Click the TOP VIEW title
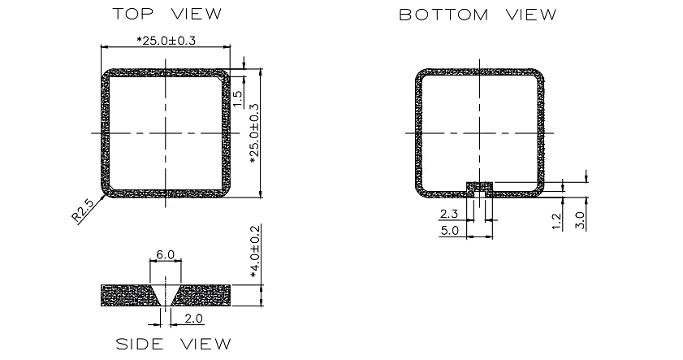[167, 14]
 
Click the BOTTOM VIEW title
[478, 15]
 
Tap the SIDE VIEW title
[173, 344]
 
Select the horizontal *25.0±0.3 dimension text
[166, 41]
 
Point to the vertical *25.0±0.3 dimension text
[254, 134]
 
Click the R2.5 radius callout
[82, 210]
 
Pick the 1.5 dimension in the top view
[237, 99]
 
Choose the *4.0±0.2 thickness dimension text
[255, 251]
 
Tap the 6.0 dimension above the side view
[165, 254]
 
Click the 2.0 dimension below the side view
[193, 319]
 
